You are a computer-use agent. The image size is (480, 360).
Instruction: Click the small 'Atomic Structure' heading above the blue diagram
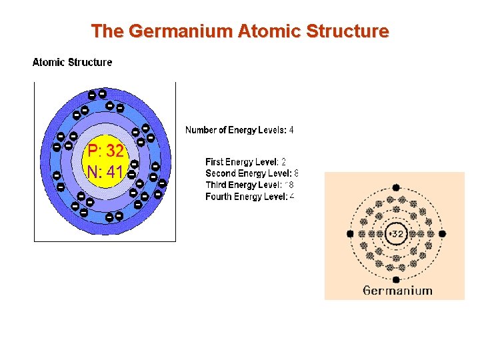[x=73, y=63]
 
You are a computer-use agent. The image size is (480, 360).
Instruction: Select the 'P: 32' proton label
[x=105, y=151]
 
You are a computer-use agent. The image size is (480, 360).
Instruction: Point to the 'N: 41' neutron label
[x=105, y=172]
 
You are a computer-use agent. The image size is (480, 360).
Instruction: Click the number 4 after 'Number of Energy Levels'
[x=291, y=130]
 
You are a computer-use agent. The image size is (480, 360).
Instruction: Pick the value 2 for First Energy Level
[x=283, y=162]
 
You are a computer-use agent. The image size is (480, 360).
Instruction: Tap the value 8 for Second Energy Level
[x=295, y=173]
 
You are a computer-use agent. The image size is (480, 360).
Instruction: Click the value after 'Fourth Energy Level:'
[x=292, y=197]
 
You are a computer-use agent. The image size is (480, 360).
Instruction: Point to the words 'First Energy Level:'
[x=241, y=162]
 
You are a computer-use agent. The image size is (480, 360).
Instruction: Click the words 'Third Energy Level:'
[x=243, y=185]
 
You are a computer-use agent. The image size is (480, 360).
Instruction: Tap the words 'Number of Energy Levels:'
[x=235, y=130]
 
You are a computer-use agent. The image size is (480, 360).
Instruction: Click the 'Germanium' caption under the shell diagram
[x=398, y=291]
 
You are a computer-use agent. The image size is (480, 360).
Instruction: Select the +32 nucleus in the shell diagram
[x=396, y=234]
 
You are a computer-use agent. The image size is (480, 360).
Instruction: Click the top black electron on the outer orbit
[x=396, y=188]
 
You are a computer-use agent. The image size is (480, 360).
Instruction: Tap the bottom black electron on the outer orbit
[x=396, y=280]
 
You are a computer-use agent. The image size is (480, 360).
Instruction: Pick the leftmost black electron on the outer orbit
[x=350, y=234]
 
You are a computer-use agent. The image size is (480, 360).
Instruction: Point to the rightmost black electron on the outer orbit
[x=442, y=234]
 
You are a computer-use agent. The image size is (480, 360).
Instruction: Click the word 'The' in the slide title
[x=105, y=31]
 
